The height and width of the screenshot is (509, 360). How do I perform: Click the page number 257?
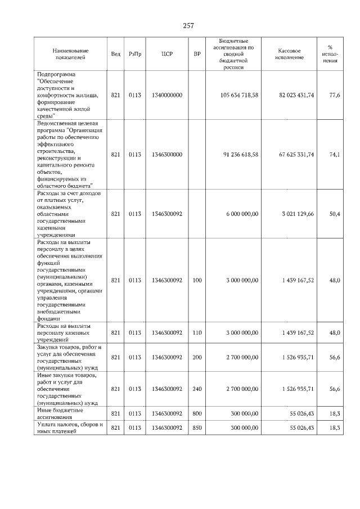pos(188,26)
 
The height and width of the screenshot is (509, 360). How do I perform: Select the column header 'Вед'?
pos(115,54)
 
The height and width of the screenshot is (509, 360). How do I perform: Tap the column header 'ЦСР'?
pos(166,54)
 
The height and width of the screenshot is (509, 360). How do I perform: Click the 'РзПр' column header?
pos(135,54)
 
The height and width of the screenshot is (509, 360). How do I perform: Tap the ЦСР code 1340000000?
pos(166,96)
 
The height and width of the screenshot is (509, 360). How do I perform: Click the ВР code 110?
pos(197,333)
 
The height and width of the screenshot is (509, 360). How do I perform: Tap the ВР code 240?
pos(197,389)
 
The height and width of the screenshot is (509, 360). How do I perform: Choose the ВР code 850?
pos(197,428)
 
